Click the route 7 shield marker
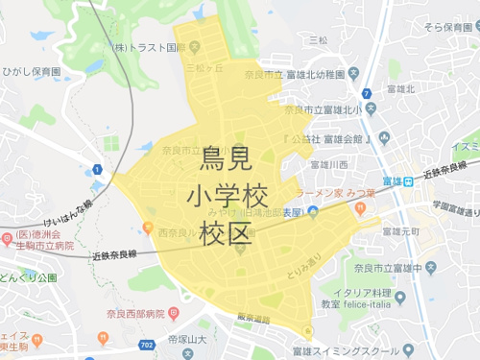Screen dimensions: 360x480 point(368,93)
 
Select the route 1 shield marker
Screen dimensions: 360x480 point(97,171)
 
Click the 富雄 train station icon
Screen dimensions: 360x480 point(407,180)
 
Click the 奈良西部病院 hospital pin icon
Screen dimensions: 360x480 point(174,312)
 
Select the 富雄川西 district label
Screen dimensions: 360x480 point(328,165)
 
